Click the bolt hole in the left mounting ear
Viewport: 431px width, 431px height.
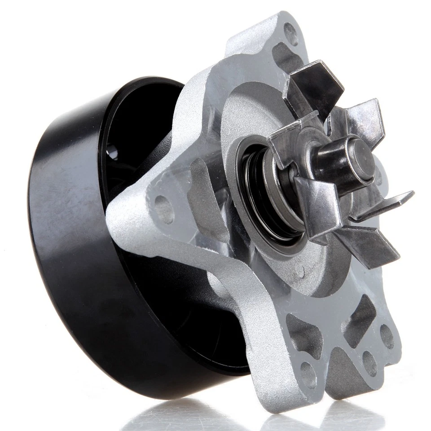164,209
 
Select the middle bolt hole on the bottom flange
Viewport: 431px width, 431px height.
369,363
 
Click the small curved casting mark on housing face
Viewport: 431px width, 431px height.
300,272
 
